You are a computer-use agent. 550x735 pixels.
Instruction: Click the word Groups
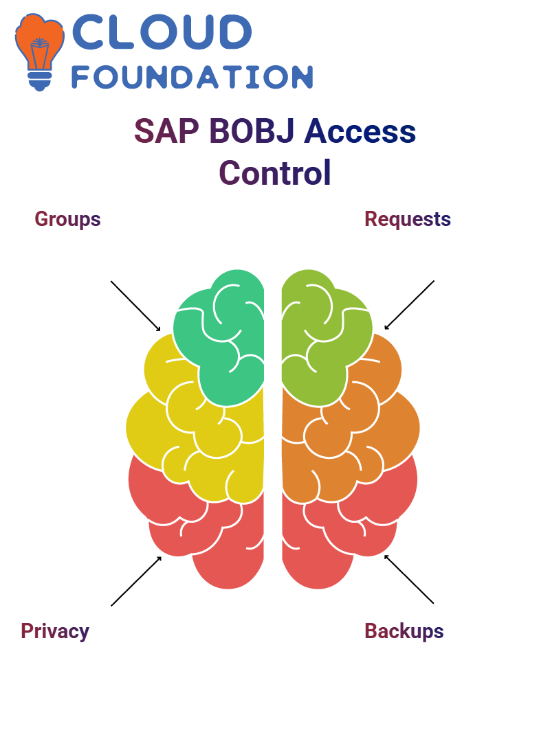click(67, 219)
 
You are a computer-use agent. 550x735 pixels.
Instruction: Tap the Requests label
click(408, 219)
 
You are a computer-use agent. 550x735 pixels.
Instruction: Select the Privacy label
click(55, 631)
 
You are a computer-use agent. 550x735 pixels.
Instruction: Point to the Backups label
click(404, 631)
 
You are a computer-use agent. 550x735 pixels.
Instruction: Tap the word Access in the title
click(360, 131)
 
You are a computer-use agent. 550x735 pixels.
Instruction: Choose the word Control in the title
click(275, 172)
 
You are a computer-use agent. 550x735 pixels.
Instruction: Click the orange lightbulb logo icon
click(39, 52)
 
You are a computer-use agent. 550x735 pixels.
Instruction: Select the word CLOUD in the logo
click(162, 32)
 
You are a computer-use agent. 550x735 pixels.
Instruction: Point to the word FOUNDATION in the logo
click(192, 77)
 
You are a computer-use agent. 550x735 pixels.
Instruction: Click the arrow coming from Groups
click(135, 306)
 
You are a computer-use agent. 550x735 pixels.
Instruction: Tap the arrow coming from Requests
click(409, 305)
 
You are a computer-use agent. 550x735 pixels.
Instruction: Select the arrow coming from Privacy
click(136, 581)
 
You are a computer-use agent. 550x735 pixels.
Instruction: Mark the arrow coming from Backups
click(409, 579)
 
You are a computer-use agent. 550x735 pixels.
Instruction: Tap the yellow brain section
click(197, 431)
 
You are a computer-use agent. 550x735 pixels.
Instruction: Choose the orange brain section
click(352, 431)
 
